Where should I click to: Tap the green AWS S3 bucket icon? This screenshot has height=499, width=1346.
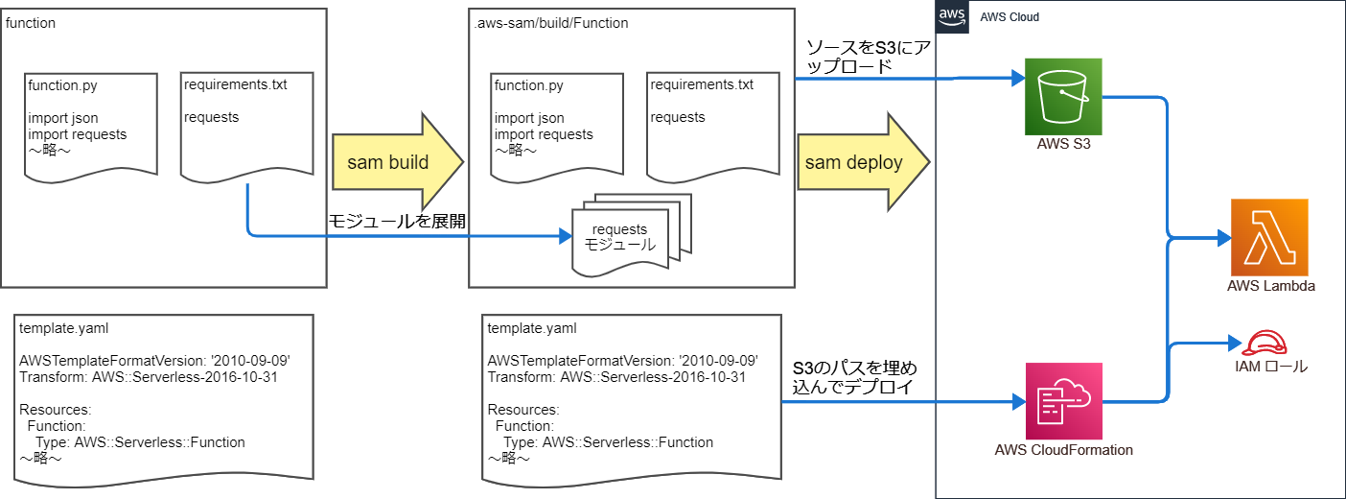tap(1063, 96)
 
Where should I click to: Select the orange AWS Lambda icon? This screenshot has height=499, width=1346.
tap(1269, 237)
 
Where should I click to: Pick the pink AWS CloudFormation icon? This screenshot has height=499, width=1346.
tap(1063, 400)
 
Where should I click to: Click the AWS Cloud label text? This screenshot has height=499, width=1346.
tap(1009, 17)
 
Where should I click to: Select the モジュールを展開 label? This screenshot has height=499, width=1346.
tap(397, 222)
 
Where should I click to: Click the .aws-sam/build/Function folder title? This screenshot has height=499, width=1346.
tap(551, 22)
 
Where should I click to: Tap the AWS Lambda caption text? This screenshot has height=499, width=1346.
tap(1270, 286)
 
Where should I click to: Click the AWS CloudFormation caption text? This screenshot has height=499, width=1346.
tap(1063, 449)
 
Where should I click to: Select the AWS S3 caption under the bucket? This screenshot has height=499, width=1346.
tap(1063, 145)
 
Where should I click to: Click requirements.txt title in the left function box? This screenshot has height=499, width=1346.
tap(235, 84)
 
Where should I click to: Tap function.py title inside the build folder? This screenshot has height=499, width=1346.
tap(528, 85)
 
